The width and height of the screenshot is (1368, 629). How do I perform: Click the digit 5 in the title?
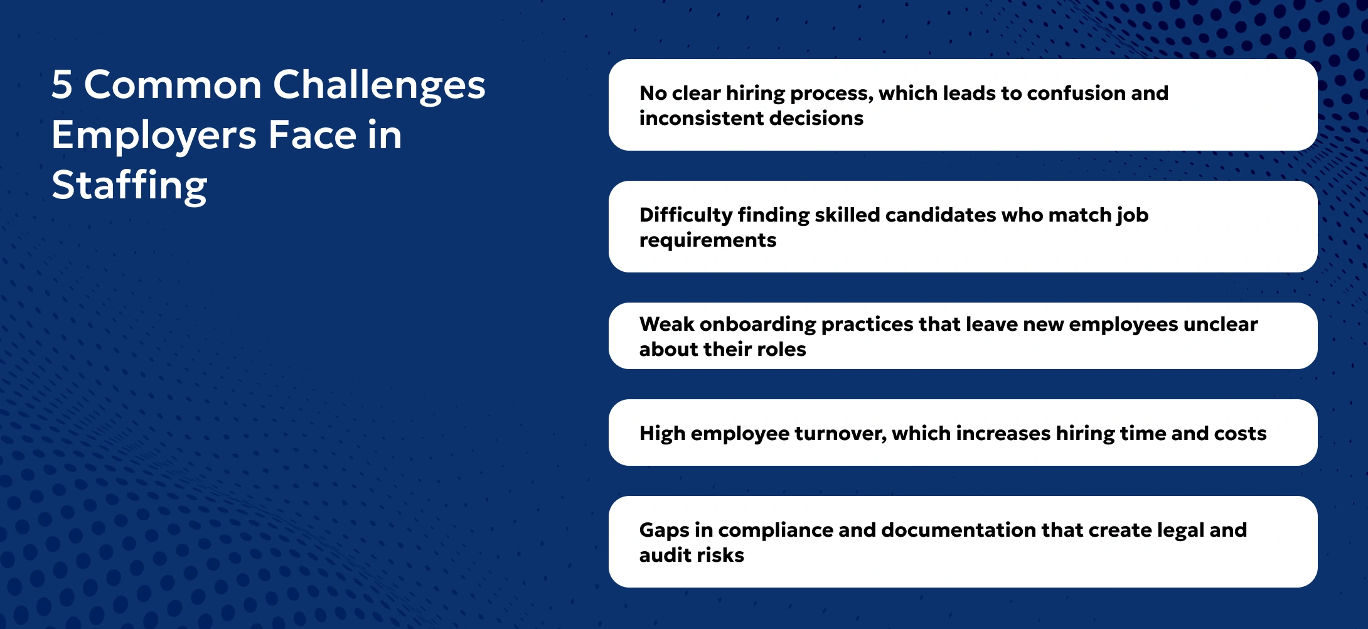click(x=62, y=85)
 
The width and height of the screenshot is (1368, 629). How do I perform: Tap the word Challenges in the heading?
click(x=378, y=86)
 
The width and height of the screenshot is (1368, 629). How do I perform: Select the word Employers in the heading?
click(x=154, y=136)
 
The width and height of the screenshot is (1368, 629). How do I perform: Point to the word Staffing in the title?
click(x=129, y=186)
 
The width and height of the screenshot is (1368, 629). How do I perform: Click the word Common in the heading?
click(x=173, y=85)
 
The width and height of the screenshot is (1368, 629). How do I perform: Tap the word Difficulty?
click(x=685, y=215)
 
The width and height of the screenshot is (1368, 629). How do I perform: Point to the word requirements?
click(x=707, y=240)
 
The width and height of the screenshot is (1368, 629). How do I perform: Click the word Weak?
click(x=666, y=324)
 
